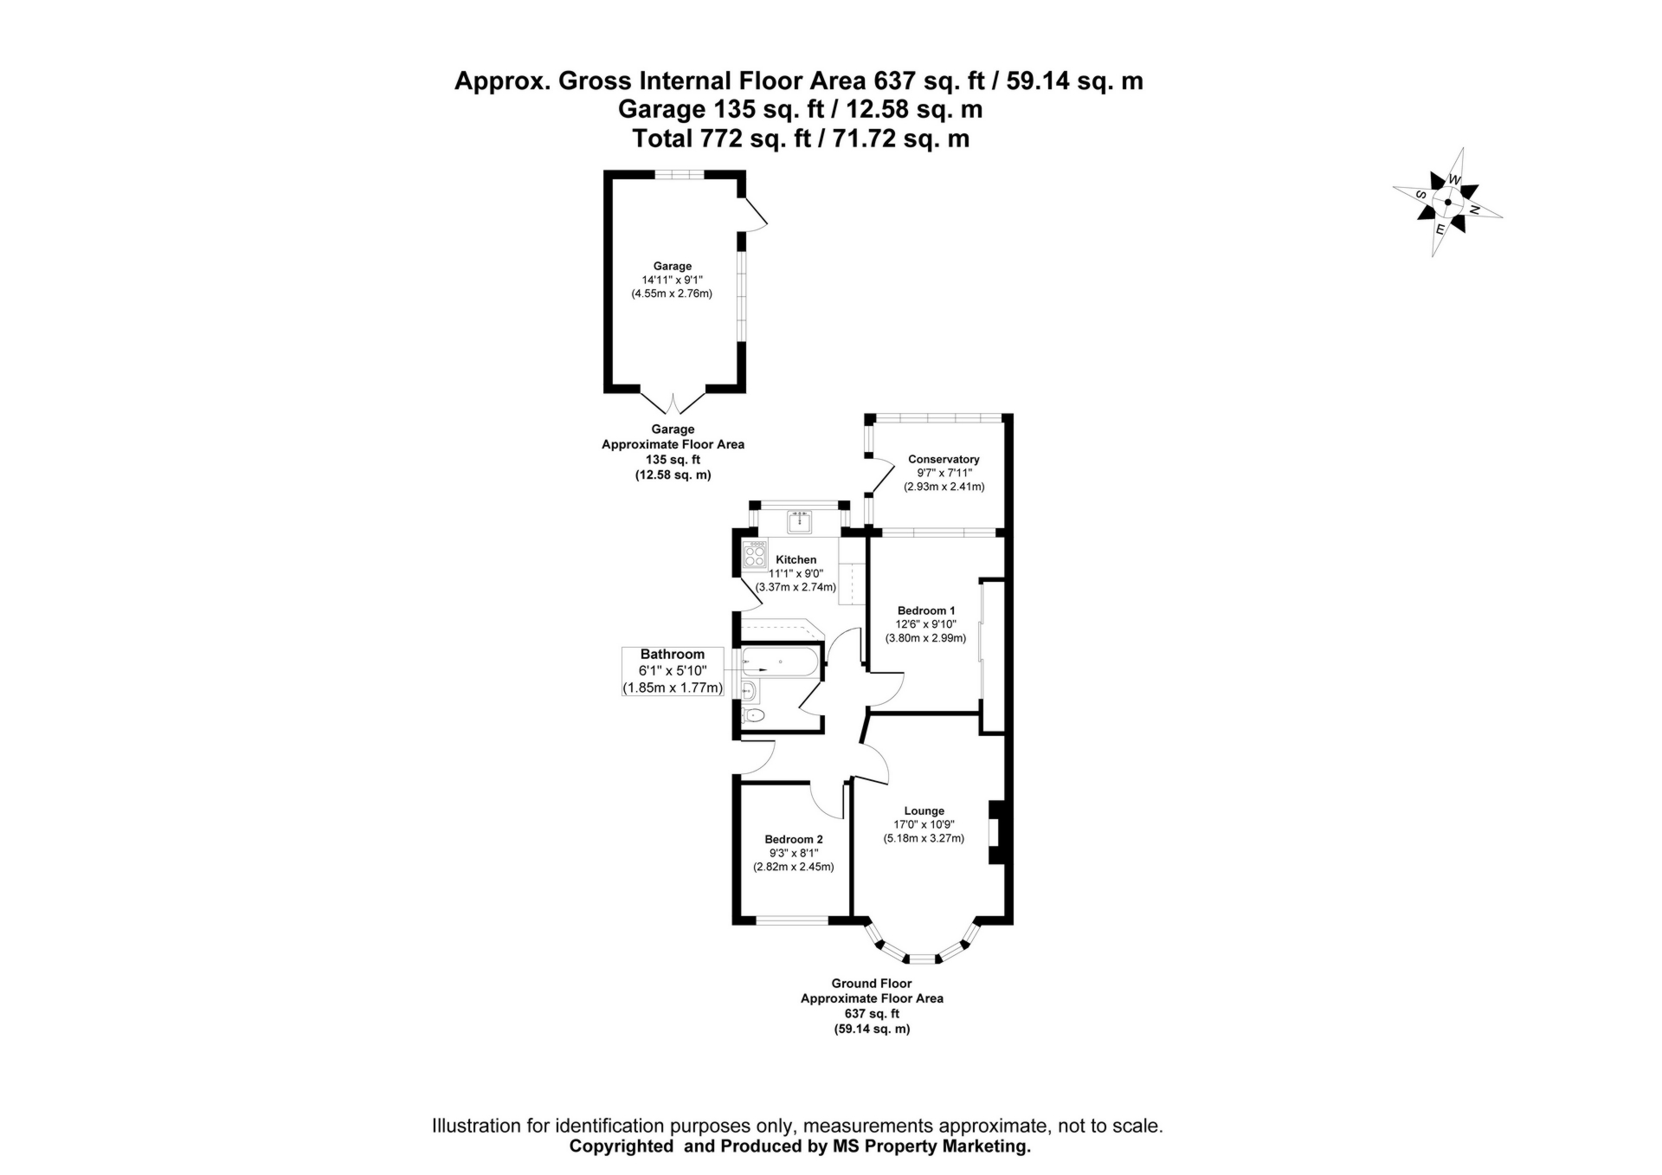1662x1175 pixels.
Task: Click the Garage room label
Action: click(673, 266)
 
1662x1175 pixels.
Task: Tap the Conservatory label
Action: click(944, 459)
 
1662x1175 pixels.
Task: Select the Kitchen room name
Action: click(796, 559)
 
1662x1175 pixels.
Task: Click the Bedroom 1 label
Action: click(926, 610)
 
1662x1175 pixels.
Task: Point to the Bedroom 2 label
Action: click(794, 839)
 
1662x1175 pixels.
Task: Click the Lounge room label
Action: click(924, 811)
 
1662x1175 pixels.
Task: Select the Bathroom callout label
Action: click(673, 655)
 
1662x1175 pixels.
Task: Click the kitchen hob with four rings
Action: click(755, 554)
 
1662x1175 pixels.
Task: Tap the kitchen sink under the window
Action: click(799, 522)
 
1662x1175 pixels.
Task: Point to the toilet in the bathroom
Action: click(754, 715)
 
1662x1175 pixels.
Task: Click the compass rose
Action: click(1447, 202)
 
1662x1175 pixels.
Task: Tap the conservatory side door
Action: click(881, 477)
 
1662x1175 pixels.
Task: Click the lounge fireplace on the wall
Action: click(996, 831)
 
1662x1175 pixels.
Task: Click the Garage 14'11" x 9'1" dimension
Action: click(673, 280)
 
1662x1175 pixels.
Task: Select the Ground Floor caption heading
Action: click(872, 984)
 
